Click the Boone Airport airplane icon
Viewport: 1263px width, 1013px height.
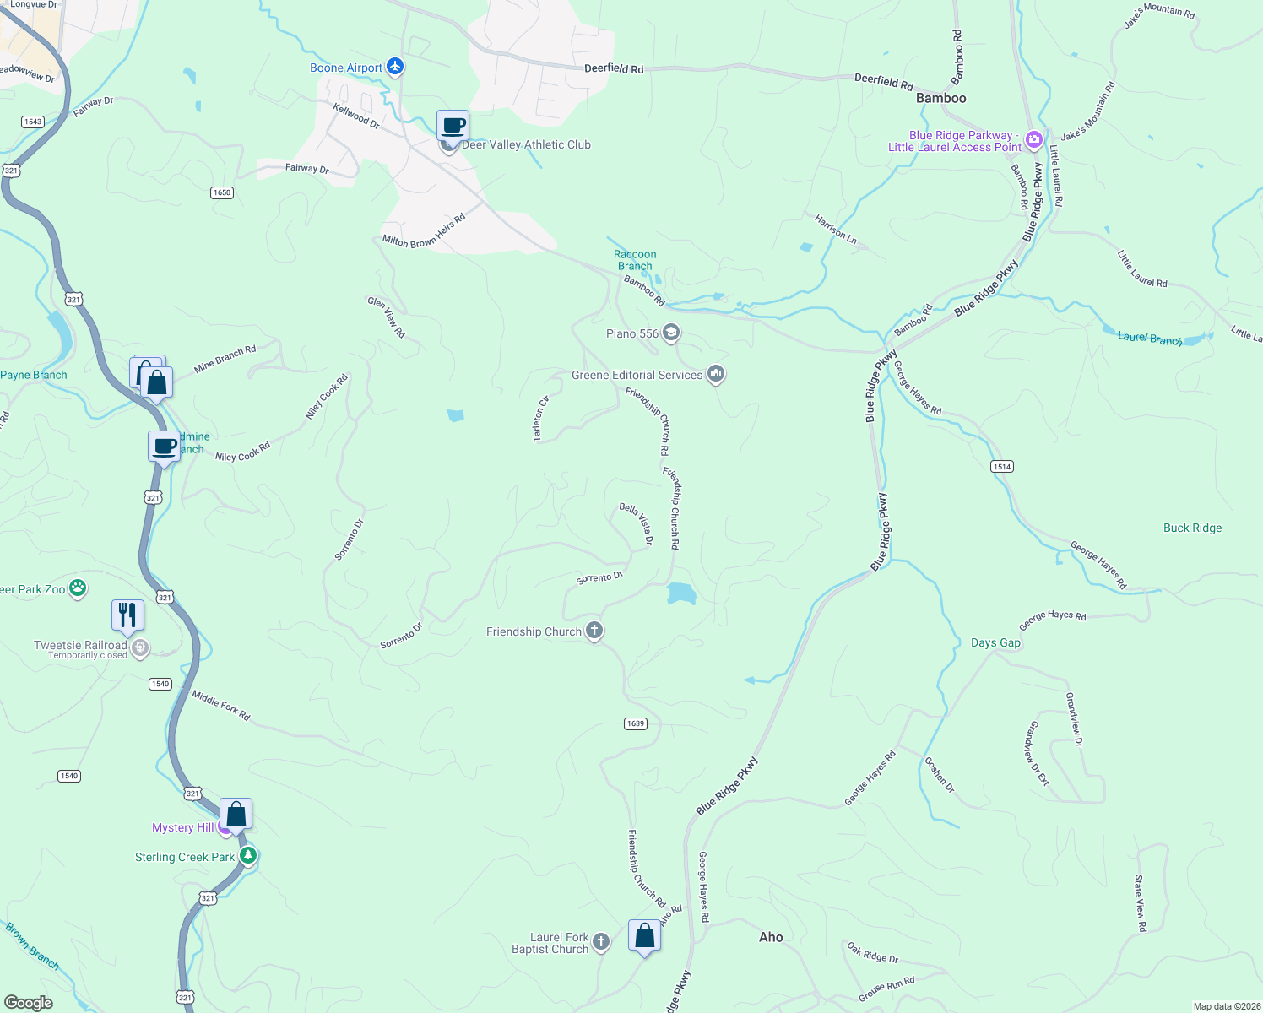[x=395, y=67]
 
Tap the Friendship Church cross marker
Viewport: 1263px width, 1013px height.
[x=594, y=631]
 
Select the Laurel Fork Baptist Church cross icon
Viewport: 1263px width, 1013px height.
[x=600, y=942]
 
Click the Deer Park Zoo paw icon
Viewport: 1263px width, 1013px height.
[x=78, y=588]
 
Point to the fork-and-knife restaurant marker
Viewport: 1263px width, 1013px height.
[x=127, y=615]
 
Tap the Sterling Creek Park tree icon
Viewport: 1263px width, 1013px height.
[x=247, y=856]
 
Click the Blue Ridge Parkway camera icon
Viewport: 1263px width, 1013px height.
[x=1033, y=139]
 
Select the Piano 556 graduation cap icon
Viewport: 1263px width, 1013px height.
[x=670, y=333]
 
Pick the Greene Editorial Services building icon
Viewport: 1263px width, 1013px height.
[x=716, y=373]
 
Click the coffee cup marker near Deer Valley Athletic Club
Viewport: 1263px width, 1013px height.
[x=453, y=126]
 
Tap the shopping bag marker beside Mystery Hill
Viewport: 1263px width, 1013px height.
[x=236, y=815]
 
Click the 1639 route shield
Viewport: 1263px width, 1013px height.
[x=636, y=723]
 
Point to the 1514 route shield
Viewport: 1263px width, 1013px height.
[x=1002, y=467]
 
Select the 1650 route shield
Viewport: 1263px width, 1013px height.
[x=222, y=192]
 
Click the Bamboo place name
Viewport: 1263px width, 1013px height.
[x=940, y=98]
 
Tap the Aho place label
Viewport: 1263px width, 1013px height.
[x=771, y=937]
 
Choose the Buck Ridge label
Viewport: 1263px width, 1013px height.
[x=1192, y=528]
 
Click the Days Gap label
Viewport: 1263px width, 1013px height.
[x=995, y=642]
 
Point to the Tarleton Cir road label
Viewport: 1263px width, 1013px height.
[x=540, y=418]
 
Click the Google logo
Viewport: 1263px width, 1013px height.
[x=29, y=1002]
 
